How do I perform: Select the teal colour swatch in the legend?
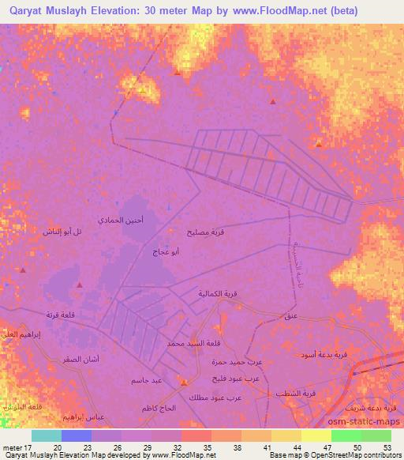(47, 435)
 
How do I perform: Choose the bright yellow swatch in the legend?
(316, 435)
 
